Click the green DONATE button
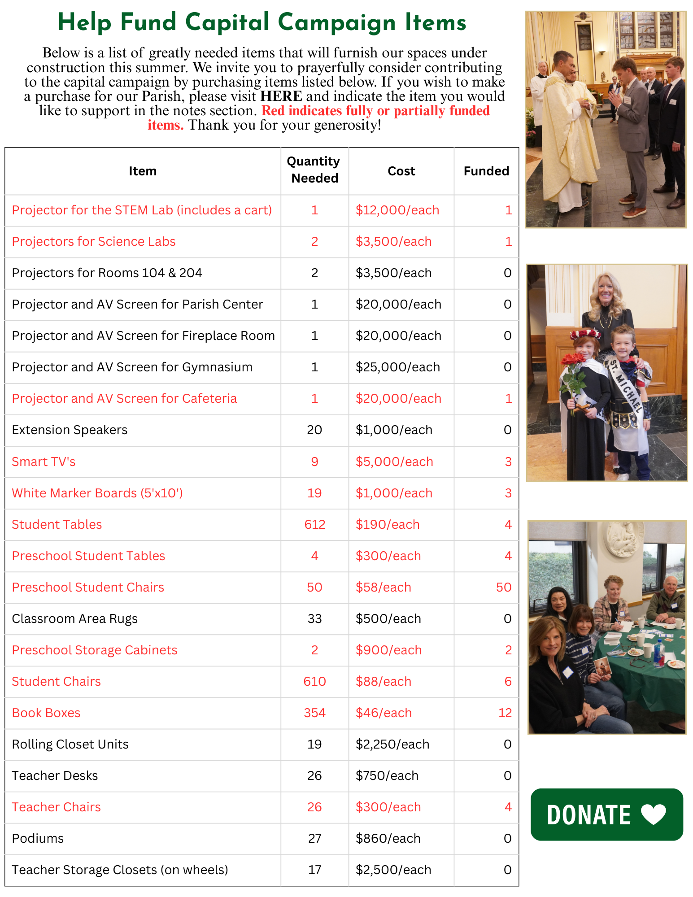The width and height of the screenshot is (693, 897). (606, 814)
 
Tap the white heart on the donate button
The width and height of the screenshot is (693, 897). (653, 814)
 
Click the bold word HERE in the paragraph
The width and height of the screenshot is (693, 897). (281, 96)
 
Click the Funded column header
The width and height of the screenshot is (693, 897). (486, 171)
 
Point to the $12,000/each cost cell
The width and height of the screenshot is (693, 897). (397, 210)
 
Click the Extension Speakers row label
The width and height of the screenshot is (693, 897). (70, 430)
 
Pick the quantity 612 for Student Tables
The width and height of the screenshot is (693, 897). (314, 524)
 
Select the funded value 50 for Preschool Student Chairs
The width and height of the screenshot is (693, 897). (503, 587)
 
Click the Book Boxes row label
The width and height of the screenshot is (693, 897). (46, 713)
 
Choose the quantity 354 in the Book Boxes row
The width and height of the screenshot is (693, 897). (314, 713)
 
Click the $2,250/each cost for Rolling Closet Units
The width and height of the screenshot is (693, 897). (392, 744)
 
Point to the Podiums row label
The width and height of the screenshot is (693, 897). (38, 838)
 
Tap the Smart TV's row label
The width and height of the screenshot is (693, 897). (44, 462)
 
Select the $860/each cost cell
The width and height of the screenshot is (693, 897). (388, 838)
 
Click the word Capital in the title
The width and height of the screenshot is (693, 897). (227, 22)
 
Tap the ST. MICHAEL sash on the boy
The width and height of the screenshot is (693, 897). (626, 386)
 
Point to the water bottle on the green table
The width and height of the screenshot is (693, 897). (658, 653)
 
